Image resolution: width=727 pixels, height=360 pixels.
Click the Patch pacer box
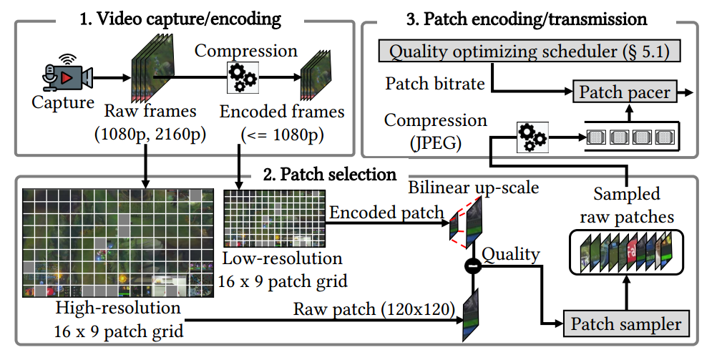click(625, 92)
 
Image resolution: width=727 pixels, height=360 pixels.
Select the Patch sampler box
click(626, 324)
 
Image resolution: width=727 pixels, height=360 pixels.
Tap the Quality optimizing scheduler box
click(532, 52)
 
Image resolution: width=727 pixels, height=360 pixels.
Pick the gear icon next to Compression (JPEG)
click(532, 135)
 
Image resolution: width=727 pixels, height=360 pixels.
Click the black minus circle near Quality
click(472, 266)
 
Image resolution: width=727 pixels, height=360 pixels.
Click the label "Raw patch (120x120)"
click(374, 309)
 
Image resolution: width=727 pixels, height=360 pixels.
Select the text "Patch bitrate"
click(435, 84)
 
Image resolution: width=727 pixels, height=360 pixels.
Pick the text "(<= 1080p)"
click(281, 133)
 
